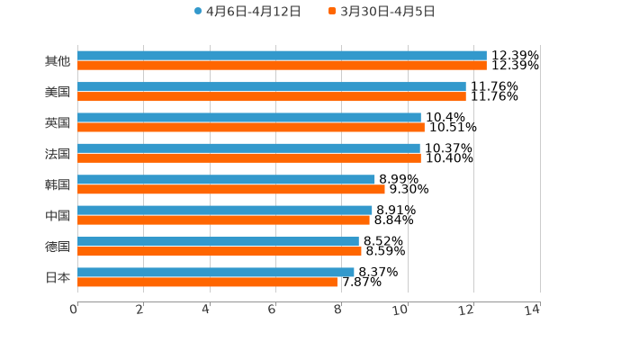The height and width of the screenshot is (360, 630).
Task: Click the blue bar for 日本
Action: tap(216, 272)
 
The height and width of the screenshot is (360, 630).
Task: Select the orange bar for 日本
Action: tap(207, 282)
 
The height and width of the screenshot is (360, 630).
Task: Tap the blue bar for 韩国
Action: tap(226, 179)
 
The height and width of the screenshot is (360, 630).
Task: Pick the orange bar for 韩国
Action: tap(231, 189)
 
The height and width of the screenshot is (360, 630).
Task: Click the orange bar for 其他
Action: tap(282, 66)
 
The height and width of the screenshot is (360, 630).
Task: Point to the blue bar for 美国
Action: tap(272, 86)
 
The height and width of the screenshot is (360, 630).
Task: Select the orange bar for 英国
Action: tap(251, 127)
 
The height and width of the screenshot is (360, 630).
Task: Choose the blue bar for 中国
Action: tap(225, 210)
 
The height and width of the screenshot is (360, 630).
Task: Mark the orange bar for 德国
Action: tap(220, 251)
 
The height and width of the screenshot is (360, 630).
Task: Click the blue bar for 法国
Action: tap(248, 148)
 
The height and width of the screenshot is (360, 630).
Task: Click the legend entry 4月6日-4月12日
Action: tap(247, 12)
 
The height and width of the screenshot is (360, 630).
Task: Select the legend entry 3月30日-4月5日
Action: tap(382, 12)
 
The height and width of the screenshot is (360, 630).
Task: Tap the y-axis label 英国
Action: tap(58, 122)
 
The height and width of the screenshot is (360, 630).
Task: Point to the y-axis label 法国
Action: tap(58, 153)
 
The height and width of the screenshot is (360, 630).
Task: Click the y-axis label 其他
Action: tap(58, 61)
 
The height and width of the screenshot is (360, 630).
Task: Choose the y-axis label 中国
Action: tap(58, 215)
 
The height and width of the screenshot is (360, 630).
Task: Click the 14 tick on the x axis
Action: tap(533, 310)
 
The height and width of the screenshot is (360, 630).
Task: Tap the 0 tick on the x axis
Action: tap(74, 310)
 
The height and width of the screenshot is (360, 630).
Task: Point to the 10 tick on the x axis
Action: tap(400, 310)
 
